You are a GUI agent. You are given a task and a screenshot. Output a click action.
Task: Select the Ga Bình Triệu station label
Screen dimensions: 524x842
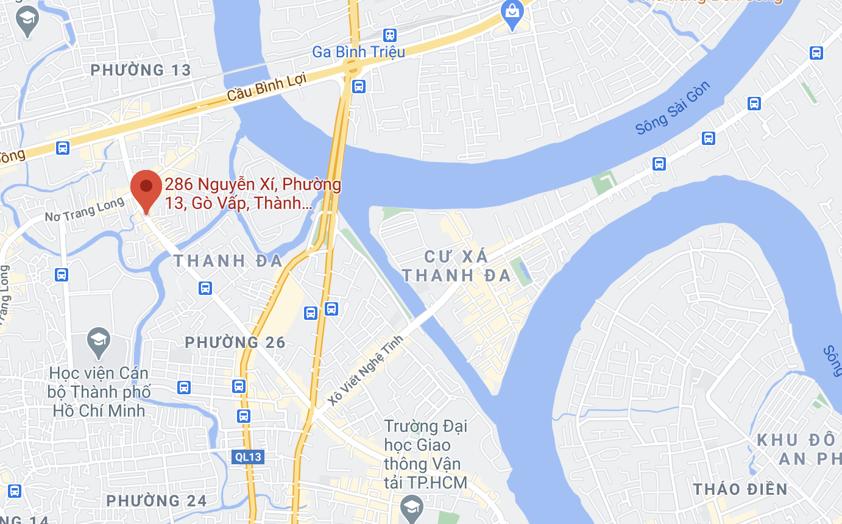[358, 52]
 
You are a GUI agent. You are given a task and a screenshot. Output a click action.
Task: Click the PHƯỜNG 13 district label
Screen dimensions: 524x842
[141, 70]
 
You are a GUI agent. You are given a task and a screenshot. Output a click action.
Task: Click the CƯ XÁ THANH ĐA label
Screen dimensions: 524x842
[456, 266]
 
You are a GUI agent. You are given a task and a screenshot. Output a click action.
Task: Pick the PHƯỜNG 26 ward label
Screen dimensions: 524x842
[235, 342]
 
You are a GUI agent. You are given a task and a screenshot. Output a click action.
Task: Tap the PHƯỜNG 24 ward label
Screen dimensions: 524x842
[157, 501]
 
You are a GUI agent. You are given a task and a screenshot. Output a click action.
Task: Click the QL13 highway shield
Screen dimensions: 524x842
[249, 456]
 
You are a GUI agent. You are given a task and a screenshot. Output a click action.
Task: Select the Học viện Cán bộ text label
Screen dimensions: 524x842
[99, 391]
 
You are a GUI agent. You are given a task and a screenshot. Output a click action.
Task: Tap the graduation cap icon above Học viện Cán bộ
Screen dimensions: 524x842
[99, 343]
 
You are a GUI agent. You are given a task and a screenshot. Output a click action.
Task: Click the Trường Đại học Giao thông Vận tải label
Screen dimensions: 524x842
[426, 455]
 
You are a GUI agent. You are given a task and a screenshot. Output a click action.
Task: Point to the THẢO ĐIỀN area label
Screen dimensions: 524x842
[740, 489]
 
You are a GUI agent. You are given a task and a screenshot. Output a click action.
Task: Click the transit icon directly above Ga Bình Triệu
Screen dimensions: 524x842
[390, 35]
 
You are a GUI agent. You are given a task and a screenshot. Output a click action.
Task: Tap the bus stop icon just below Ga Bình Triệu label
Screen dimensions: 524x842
[359, 86]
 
